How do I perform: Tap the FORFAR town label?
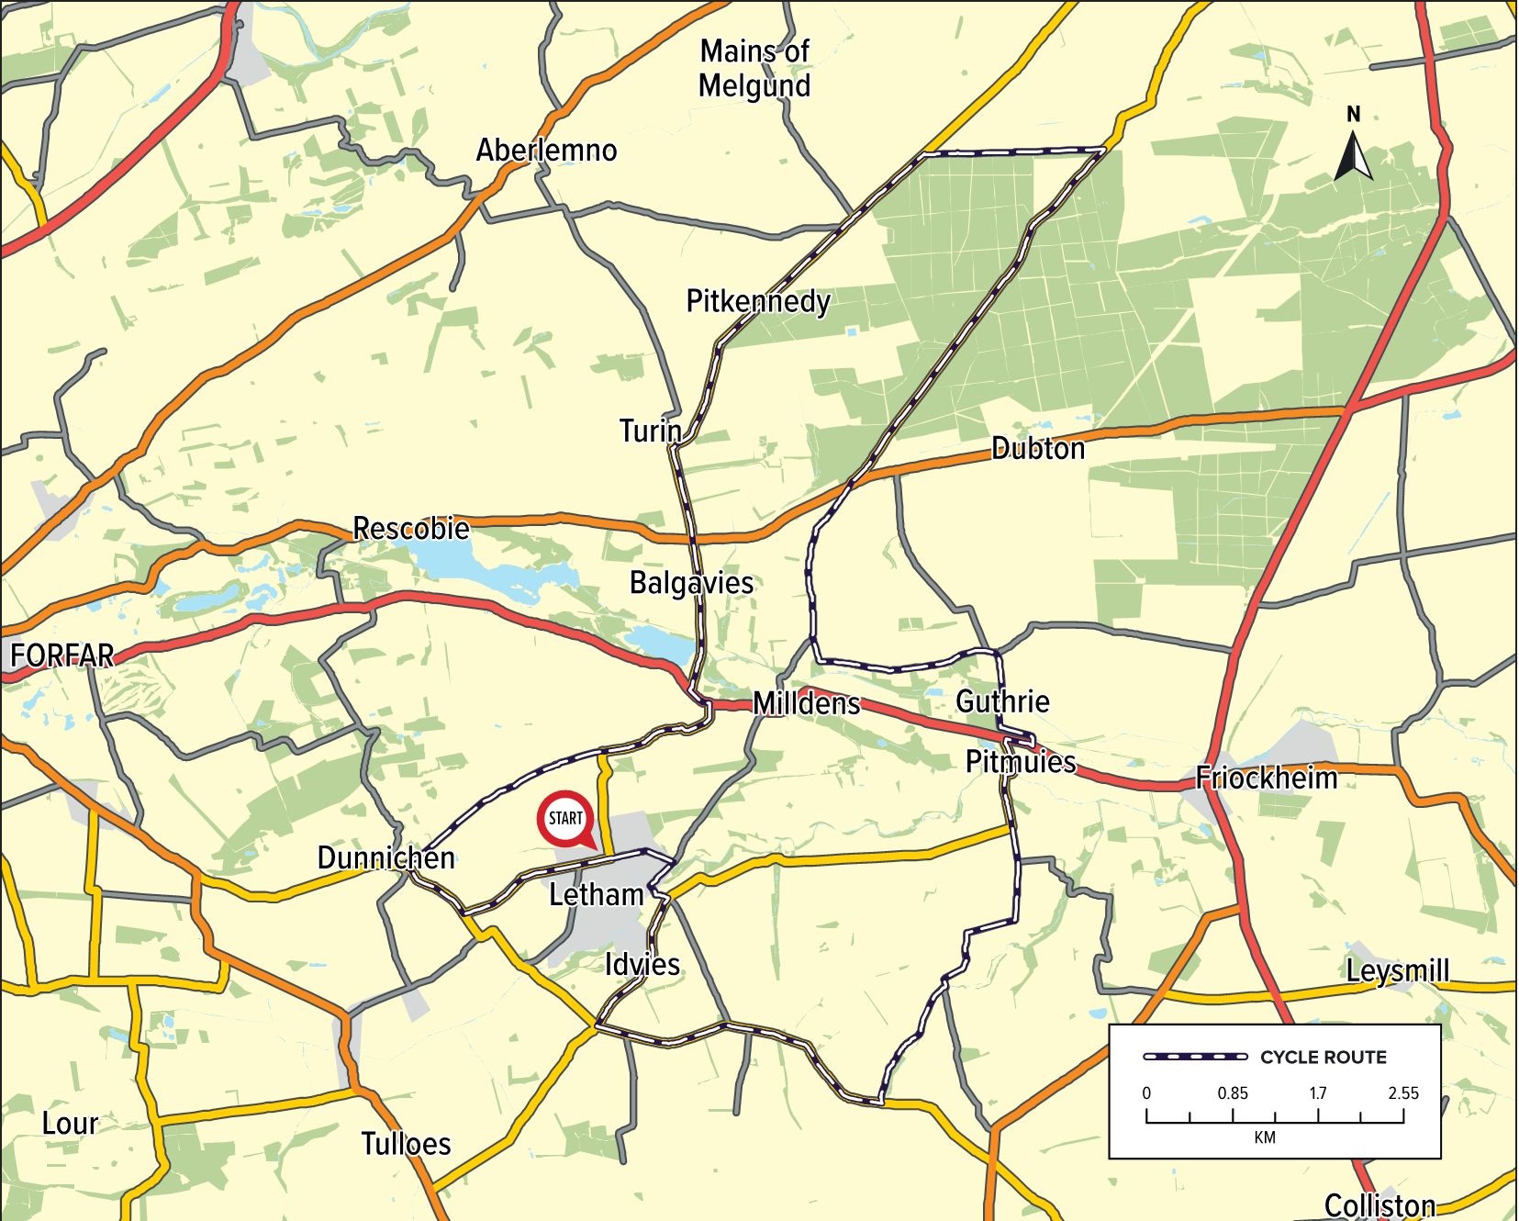tap(62, 655)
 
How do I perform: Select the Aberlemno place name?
tap(546, 150)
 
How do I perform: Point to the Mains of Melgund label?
tap(754, 69)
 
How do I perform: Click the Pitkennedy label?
tap(758, 301)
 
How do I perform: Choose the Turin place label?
tap(650, 431)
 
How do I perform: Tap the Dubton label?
tap(1038, 448)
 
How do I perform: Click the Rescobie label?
tap(411, 529)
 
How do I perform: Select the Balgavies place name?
tap(691, 583)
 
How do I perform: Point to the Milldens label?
tap(807, 704)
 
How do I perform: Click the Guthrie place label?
tap(1002, 701)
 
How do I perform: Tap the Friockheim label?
tap(1267, 779)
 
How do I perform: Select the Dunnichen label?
tap(385, 858)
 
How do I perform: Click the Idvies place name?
tap(642, 965)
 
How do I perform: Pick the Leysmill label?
tap(1398, 971)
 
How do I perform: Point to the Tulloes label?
tap(406, 1144)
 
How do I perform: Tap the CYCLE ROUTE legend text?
tap(1323, 1058)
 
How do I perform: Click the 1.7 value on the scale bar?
tap(1318, 1093)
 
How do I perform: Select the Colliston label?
tap(1379, 1205)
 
